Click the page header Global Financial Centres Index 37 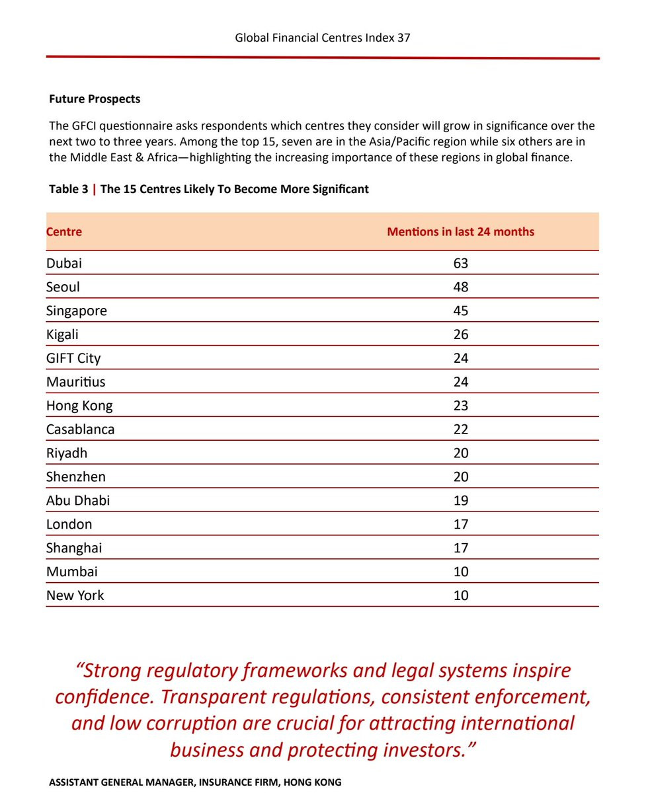[x=323, y=38]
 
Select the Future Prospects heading [x=95, y=99]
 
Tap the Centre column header [x=64, y=232]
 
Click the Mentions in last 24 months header [x=460, y=232]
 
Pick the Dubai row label [x=64, y=263]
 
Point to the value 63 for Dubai [x=460, y=263]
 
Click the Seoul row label [x=63, y=287]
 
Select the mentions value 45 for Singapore [x=460, y=311]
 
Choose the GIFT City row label [x=73, y=358]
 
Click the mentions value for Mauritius [x=460, y=382]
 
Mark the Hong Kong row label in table [x=79, y=406]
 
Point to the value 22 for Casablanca [x=460, y=430]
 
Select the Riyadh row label [x=67, y=453]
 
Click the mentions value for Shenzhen [x=460, y=477]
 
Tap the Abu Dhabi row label [x=78, y=501]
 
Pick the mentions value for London [x=460, y=525]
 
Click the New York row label [x=75, y=595]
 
